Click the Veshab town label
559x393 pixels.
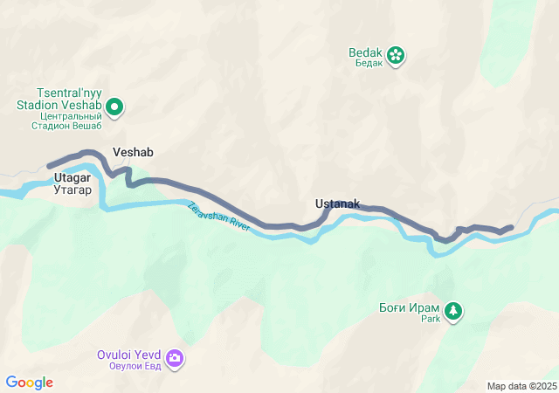pos(133,152)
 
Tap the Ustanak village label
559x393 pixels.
pos(337,204)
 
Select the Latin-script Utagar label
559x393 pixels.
pos(72,177)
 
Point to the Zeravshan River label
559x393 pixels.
pos(218,216)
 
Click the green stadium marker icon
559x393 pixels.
pos(115,107)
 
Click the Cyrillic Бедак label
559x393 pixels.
pos(367,64)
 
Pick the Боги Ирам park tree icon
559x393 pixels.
pos(453,310)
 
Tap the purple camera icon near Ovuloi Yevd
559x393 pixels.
pos(175,358)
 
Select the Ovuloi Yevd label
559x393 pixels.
pos(129,355)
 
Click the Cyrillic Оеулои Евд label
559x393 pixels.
pos(129,366)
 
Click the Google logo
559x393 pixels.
pos(30,383)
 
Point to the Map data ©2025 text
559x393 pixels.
pos(521,386)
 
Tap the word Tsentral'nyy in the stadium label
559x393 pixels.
pos(68,92)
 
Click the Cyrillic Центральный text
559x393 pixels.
pos(70,115)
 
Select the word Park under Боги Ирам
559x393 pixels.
pos(431,319)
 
